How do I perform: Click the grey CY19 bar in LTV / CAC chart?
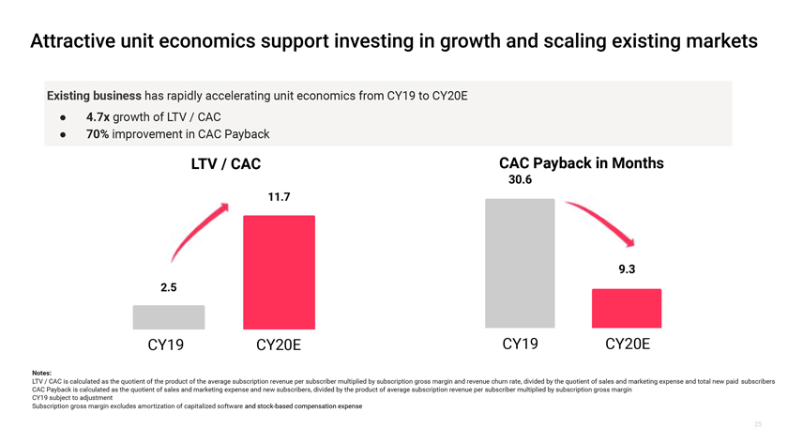pos(169,317)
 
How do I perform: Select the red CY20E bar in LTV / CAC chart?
pos(279,272)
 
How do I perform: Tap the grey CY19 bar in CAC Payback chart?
pos(520,263)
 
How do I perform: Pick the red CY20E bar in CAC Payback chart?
pos(627,309)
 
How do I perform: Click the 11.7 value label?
pos(279,197)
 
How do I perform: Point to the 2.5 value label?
pos(169,287)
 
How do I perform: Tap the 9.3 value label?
pos(627,269)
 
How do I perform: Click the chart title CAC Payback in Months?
pos(582,163)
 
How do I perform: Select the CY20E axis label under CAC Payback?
pos(627,344)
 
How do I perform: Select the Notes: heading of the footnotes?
pos(42,374)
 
